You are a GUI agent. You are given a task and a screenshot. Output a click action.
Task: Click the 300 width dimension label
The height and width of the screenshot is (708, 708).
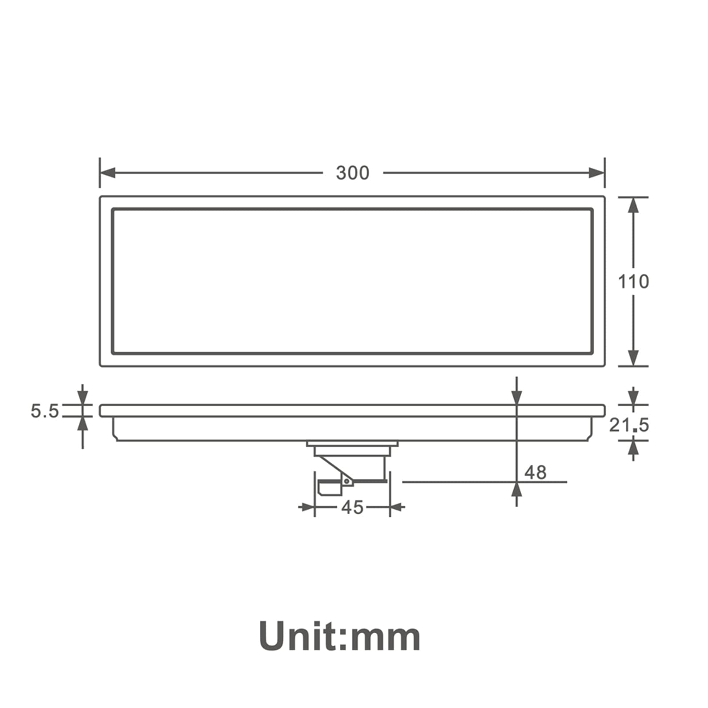click(x=352, y=173)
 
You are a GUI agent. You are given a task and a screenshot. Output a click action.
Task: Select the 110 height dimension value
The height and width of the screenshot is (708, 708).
click(x=633, y=281)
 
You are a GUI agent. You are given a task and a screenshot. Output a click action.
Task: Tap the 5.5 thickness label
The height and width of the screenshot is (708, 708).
click(x=45, y=411)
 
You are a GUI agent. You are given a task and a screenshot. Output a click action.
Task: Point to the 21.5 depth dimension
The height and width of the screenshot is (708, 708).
click(x=629, y=425)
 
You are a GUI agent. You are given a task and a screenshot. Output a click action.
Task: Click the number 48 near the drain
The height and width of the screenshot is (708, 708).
click(x=535, y=473)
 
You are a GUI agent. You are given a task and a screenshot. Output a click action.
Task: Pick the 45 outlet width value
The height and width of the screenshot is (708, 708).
click(x=352, y=507)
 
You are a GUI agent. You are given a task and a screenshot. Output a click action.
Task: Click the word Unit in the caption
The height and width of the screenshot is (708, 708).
click(x=298, y=636)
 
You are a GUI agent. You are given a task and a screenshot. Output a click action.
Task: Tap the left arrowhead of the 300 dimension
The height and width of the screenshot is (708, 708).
click(x=108, y=173)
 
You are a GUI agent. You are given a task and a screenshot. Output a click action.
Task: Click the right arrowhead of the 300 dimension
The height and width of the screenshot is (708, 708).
click(x=596, y=173)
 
